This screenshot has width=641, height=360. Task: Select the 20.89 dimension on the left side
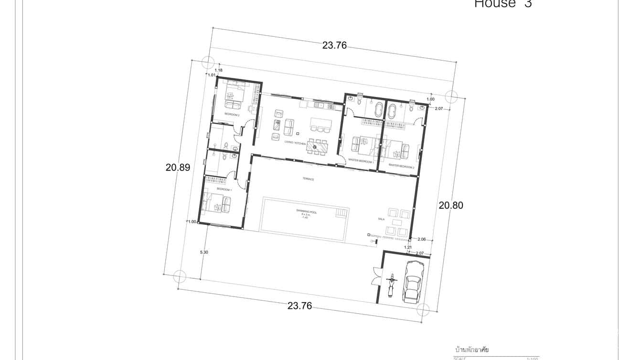[178, 168]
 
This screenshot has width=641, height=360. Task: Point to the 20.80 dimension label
[451, 205]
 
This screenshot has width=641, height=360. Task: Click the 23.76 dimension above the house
[334, 46]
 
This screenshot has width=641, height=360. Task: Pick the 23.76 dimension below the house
[299, 306]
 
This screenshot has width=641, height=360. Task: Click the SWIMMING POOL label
[305, 211]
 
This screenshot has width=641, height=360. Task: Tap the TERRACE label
[308, 179]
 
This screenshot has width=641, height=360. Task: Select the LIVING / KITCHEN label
[295, 143]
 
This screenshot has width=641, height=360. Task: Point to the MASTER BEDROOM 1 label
[361, 161]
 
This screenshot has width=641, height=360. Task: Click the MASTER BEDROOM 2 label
[401, 166]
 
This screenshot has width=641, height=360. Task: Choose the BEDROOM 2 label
[232, 115]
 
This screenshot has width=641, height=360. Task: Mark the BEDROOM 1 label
[224, 190]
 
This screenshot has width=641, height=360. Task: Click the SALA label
[381, 219]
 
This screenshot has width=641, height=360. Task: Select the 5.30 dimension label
[204, 252]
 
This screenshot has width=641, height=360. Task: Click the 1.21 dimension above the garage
[407, 247]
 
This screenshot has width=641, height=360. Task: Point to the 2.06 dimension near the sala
[421, 239]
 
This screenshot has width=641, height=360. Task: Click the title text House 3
[502, 4]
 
